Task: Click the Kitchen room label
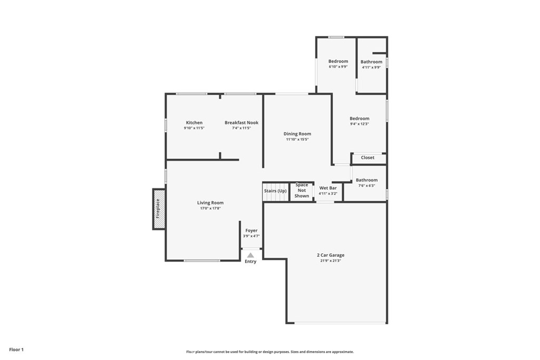click(x=194, y=123)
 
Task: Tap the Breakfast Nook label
click(x=241, y=123)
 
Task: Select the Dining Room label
click(x=297, y=134)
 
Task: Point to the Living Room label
click(x=210, y=203)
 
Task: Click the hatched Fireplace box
click(x=158, y=209)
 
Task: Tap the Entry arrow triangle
click(x=250, y=255)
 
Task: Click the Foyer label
click(x=251, y=230)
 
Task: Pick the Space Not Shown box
click(x=302, y=191)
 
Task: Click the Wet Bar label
click(x=328, y=188)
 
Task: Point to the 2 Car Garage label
click(x=331, y=255)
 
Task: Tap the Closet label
click(x=368, y=158)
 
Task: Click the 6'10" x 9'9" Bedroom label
click(x=338, y=61)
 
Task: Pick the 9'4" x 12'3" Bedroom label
click(x=360, y=119)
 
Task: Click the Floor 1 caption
click(x=16, y=349)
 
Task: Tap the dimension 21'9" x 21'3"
click(x=331, y=261)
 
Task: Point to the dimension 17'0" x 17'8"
click(x=210, y=208)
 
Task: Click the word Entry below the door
click(x=250, y=262)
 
